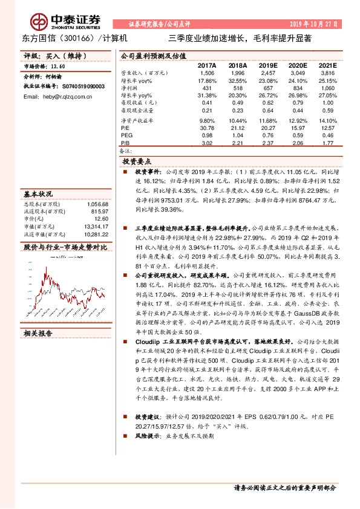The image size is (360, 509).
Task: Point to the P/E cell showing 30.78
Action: pyautogui.click(x=207, y=128)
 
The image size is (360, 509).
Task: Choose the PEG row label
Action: pyautogui.click(x=127, y=135)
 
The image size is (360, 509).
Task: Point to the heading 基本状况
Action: pyautogui.click(x=38, y=195)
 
